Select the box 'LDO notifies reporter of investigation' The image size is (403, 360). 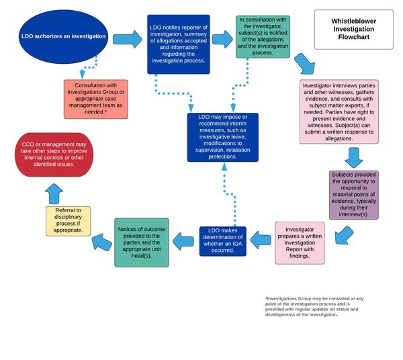179,44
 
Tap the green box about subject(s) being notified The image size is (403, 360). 263,37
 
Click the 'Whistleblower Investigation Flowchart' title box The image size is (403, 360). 354,30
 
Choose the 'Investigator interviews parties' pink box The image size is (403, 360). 338,112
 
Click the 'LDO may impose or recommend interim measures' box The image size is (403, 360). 222,137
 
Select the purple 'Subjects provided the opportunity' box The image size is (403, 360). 354,195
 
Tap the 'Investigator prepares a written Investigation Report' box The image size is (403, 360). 300,242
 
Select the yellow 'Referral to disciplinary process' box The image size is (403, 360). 68,221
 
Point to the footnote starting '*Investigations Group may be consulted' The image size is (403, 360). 314,306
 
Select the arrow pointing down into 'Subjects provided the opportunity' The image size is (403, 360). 354,157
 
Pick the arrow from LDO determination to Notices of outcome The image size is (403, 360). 185,239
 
